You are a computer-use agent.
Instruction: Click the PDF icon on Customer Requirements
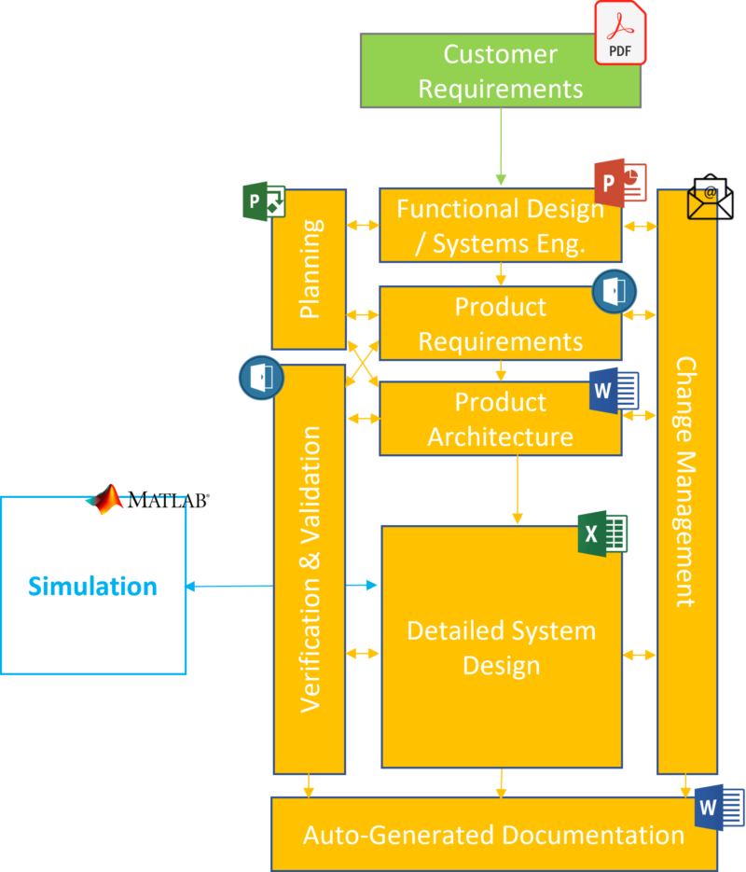coord(620,33)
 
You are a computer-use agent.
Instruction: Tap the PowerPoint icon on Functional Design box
coord(620,183)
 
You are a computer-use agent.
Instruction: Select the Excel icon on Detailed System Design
coord(602,534)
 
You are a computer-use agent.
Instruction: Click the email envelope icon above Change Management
coord(710,198)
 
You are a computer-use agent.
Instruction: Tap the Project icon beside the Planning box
coord(263,202)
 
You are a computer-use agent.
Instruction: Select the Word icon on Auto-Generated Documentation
coord(720,808)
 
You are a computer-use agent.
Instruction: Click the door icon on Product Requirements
coord(615,293)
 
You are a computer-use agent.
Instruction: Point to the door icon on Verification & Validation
coord(261,377)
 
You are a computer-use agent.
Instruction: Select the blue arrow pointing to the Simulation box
coord(228,586)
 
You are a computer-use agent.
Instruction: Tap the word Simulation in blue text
coord(92,587)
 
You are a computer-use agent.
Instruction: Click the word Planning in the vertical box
coord(310,269)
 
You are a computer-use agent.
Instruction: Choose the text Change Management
coord(687,481)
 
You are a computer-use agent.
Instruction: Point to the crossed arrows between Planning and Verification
coord(363,362)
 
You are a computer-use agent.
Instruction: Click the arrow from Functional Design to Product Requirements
coord(501,274)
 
